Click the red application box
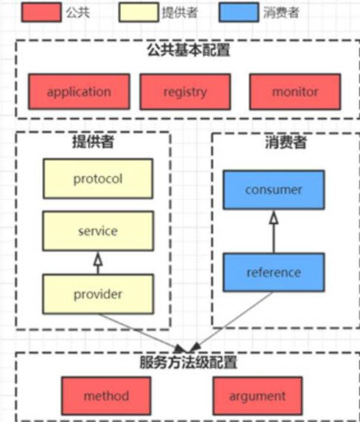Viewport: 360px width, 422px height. click(79, 92)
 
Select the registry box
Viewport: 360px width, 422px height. click(185, 92)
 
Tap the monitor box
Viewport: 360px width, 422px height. click(295, 92)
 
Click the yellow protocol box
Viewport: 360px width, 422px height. click(98, 179)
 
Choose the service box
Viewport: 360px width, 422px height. click(98, 231)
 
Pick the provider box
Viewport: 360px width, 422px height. click(98, 294)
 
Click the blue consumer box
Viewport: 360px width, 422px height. click(273, 190)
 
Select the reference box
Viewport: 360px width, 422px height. click(273, 272)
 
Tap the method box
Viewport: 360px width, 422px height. click(106, 396)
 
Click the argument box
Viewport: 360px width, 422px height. click(257, 396)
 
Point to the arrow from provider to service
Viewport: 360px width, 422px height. click(98, 262)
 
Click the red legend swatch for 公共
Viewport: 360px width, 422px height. click(41, 12)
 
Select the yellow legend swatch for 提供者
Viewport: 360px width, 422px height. click(138, 12)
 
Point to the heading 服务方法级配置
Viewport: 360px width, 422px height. click(188, 362)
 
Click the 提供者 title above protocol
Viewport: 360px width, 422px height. click(93, 142)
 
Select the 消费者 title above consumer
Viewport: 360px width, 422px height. click(285, 142)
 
